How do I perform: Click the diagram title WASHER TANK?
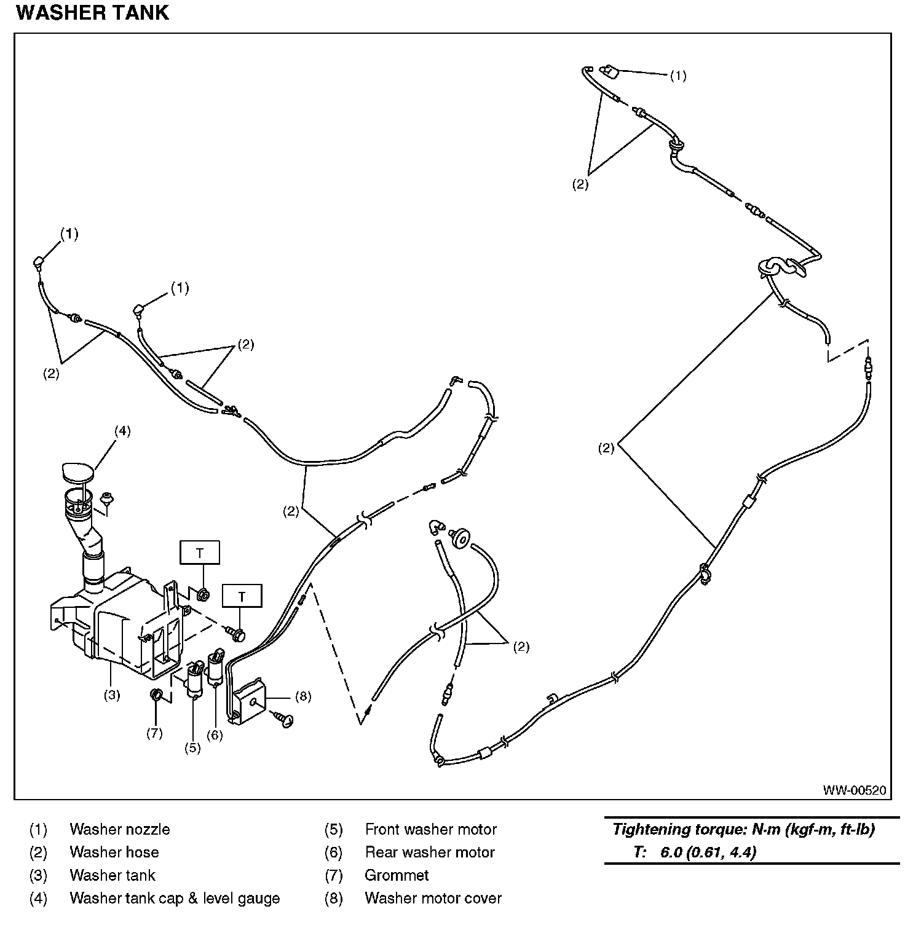(92, 13)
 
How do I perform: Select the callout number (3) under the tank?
(111, 695)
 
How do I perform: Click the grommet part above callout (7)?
(157, 695)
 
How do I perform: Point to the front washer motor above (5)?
(196, 680)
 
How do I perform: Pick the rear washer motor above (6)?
(216, 667)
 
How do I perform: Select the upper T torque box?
(200, 553)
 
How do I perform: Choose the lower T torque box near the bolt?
(242, 596)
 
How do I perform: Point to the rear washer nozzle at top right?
(611, 71)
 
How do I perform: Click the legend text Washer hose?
(114, 852)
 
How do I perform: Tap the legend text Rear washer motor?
(430, 852)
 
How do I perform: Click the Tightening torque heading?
(743, 830)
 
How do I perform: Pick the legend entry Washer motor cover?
(433, 898)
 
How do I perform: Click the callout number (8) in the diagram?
(303, 696)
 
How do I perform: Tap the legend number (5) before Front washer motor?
(333, 830)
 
